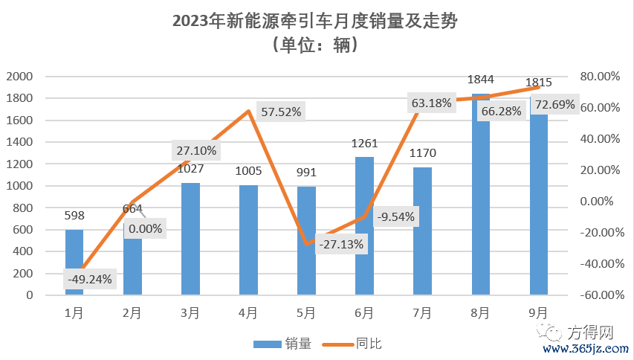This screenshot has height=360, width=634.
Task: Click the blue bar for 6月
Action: (364, 226)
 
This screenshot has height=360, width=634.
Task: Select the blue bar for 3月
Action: (190, 239)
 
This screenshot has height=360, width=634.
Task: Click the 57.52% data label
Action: (282, 112)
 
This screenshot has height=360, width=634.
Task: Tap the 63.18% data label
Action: (431, 103)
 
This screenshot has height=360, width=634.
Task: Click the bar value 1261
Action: (364, 142)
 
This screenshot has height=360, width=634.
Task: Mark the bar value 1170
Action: (422, 153)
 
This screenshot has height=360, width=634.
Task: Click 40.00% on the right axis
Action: (598, 139)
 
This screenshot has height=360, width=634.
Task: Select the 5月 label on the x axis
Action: (306, 313)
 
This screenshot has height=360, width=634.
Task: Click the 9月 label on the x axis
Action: (538, 313)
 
